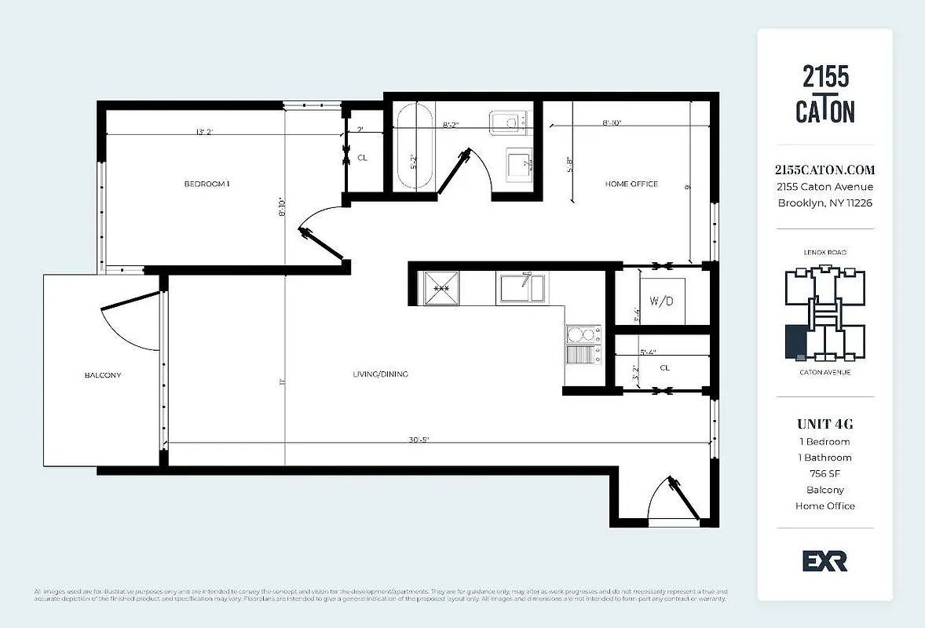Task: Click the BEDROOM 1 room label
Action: pos(207,184)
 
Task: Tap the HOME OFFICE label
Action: pos(631,184)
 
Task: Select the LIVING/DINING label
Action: pos(380,374)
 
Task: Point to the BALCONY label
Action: pos(103,375)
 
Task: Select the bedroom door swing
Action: pos(322,228)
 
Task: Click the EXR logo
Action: pos(824,560)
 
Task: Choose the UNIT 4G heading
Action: pos(824,424)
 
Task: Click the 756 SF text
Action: pos(824,473)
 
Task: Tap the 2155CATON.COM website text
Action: pos(824,170)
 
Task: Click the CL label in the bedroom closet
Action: pos(362,158)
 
